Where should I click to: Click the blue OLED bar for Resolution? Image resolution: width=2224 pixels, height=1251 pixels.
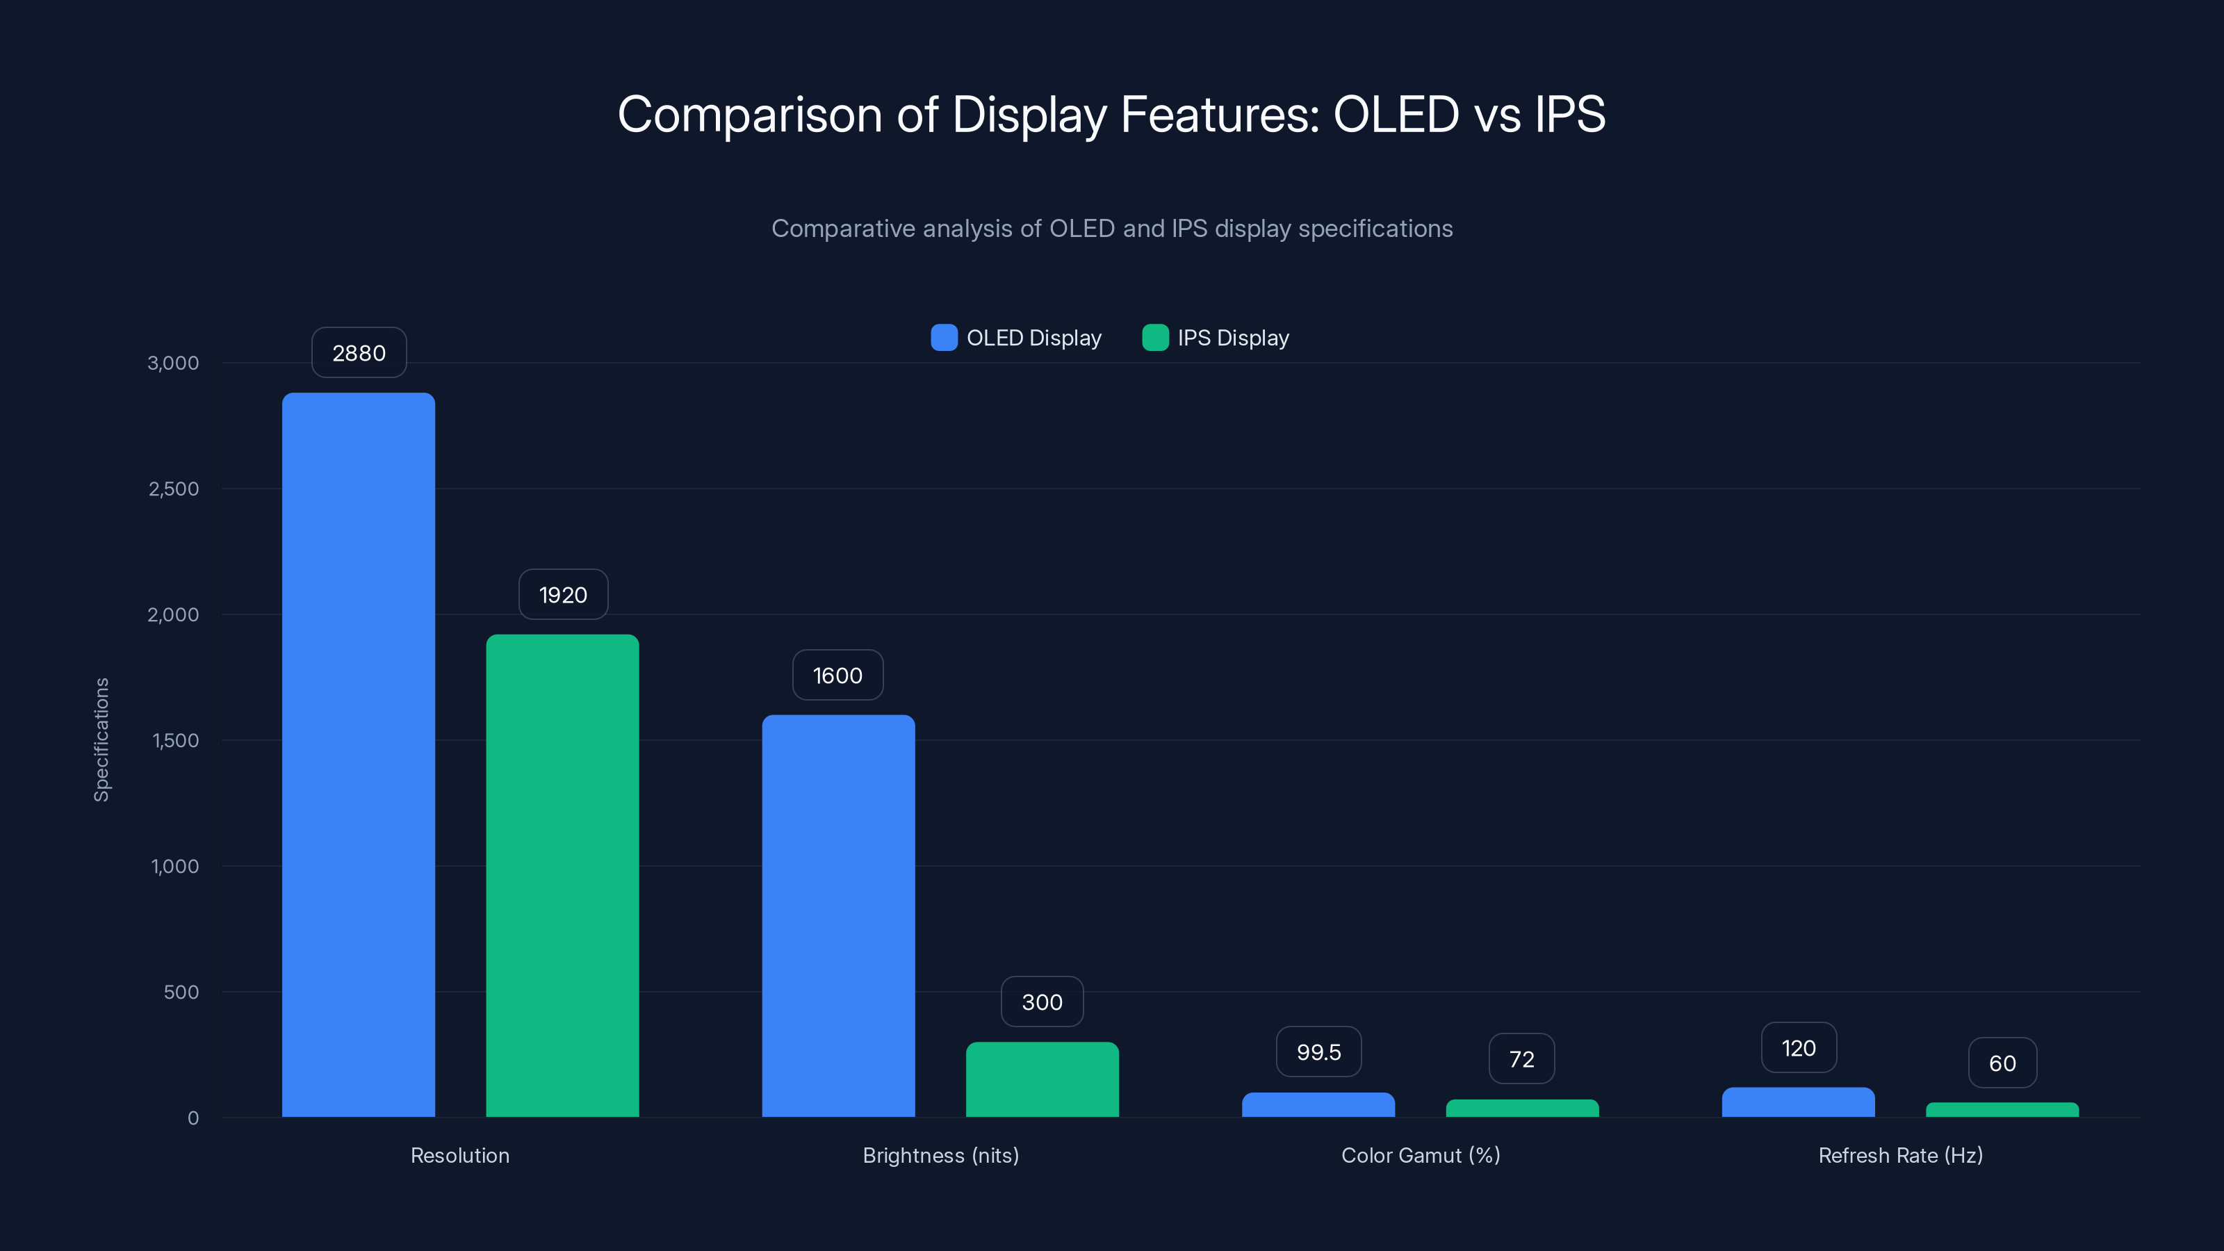[359, 755]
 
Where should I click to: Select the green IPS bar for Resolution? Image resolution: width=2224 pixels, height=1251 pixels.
[562, 876]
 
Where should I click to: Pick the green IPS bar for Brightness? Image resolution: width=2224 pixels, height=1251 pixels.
[1042, 1079]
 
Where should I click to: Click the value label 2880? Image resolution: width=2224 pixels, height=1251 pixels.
[359, 353]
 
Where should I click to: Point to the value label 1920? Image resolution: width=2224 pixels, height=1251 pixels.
[563, 595]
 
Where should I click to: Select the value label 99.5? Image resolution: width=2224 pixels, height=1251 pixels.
[1318, 1052]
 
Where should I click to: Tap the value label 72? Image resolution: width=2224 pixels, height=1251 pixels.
[1521, 1059]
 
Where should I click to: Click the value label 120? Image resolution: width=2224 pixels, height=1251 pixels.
[1799, 1048]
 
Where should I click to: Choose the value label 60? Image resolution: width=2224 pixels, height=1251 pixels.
[2002, 1063]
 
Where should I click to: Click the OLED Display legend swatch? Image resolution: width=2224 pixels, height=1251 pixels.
[944, 338]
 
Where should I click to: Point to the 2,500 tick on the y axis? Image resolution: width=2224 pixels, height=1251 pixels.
[174, 489]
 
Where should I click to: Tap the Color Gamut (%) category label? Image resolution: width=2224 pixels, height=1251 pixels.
[1420, 1156]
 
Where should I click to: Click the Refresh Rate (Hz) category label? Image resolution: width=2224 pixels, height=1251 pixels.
[1900, 1156]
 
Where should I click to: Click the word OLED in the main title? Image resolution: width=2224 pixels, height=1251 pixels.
[1395, 115]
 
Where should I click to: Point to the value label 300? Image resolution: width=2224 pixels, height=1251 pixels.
[1042, 1002]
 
